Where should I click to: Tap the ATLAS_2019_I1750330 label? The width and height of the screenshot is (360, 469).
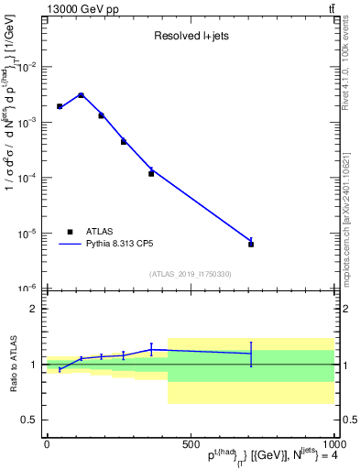pos(190,274)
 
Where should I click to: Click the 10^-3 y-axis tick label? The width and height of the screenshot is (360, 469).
pos(26,122)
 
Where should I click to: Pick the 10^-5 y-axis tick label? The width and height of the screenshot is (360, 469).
pos(26,233)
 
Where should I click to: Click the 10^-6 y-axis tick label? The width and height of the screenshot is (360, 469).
pos(26,288)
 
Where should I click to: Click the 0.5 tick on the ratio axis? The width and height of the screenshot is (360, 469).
pos(29,420)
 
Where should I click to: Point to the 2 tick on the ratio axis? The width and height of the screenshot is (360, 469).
pos(33,309)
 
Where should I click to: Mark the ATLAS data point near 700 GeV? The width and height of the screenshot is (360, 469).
pos(251,245)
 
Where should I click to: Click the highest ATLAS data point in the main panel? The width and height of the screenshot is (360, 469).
pos(81,95)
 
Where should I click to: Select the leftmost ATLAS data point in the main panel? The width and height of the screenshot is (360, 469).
pos(60,106)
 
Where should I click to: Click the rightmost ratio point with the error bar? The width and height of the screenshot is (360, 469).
pos(251,354)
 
